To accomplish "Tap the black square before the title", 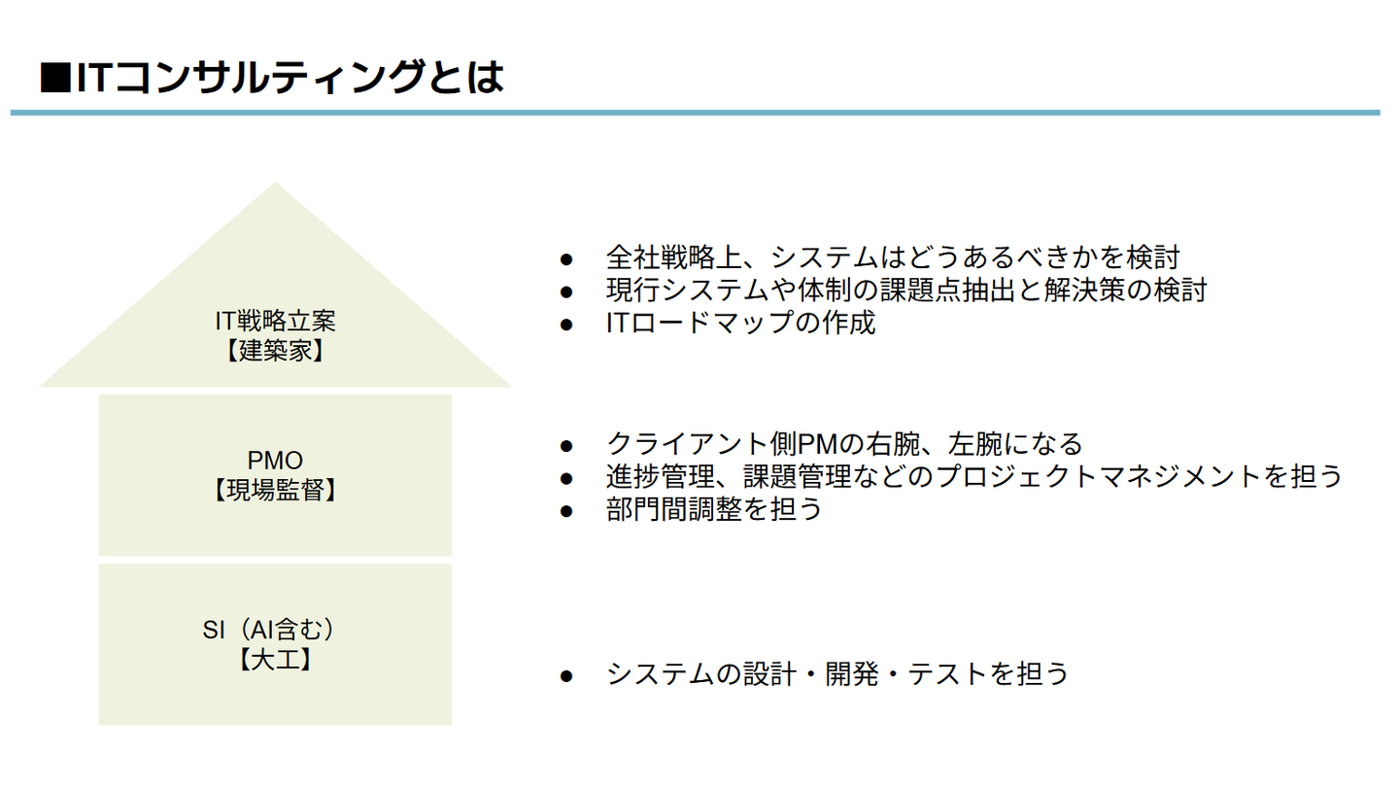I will tap(54, 79).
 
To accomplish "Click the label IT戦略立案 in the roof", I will tap(275, 321).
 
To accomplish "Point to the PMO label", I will tap(275, 460).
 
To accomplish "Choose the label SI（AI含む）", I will tap(274, 630).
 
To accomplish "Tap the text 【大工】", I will tap(275, 661).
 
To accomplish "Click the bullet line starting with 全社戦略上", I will tap(892, 257).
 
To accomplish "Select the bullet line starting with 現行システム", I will tap(905, 290).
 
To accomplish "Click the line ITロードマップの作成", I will tap(740, 323).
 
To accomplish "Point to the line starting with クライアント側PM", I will tap(843, 444).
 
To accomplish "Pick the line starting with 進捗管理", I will tap(973, 476).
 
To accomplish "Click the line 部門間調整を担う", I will tap(714, 508).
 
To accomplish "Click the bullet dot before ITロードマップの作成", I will tap(567, 324).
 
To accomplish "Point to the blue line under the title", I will tap(696, 113).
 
